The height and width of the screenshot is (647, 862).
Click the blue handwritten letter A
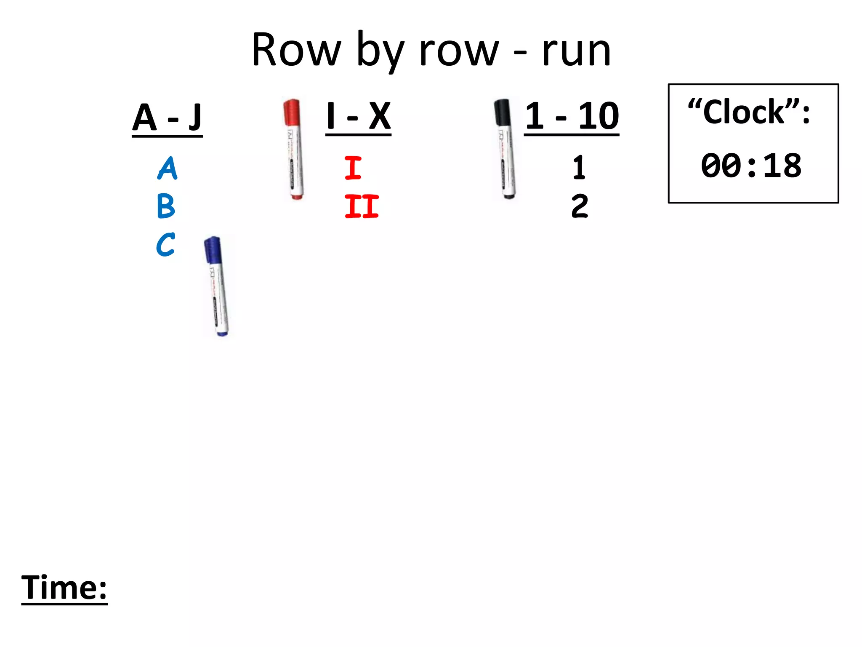coord(168,168)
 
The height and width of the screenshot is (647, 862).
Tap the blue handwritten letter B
coord(166,206)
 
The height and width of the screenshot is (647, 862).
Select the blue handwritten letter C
coord(165,245)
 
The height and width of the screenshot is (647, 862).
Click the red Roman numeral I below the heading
coord(353,168)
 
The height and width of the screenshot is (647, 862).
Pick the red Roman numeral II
coord(362,206)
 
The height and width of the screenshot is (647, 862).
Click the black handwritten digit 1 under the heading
coord(579,168)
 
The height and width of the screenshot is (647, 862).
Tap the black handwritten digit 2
coord(580,206)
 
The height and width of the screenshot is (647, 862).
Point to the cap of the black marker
coord(502,112)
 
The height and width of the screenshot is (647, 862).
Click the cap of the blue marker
coord(213,250)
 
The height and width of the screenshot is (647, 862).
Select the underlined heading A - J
coord(167,118)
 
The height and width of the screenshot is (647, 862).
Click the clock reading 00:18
coord(751,166)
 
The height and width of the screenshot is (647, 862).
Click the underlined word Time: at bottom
coord(64,588)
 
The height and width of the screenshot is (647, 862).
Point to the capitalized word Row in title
coord(296,51)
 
